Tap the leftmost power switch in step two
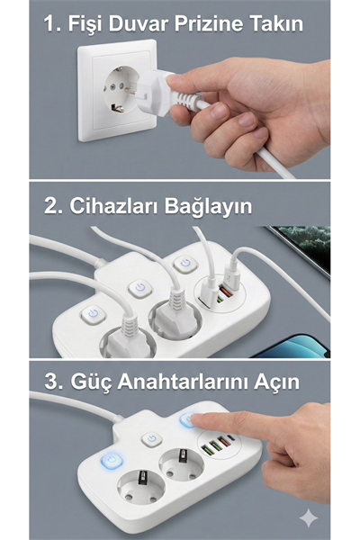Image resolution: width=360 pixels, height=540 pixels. click(x=93, y=314)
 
